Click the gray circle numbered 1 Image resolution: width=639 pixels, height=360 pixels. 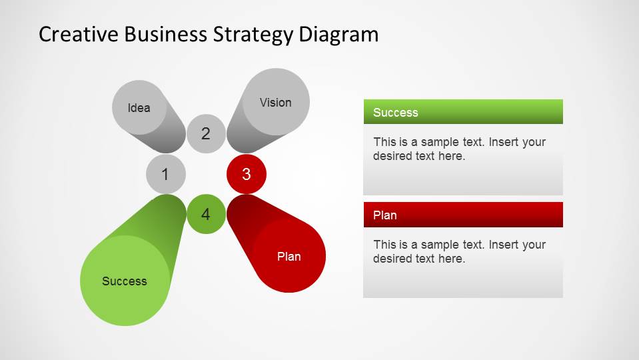[166, 175]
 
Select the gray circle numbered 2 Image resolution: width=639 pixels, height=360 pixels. [206, 134]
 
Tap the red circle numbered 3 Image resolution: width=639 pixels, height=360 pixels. [247, 175]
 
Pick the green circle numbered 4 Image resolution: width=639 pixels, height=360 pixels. [206, 215]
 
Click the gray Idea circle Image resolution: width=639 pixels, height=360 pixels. [139, 107]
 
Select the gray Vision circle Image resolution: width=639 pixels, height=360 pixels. [276, 102]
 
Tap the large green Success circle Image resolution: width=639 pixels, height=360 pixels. [125, 281]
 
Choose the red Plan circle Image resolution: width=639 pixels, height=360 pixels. [289, 256]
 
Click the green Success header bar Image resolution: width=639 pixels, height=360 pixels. [463, 112]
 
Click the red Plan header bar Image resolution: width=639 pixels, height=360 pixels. [463, 215]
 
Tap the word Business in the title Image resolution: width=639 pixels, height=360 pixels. [167, 34]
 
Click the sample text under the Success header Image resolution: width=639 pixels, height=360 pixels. [459, 149]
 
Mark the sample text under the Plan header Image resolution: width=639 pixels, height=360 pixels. [459, 251]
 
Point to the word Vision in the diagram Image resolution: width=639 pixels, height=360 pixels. [276, 102]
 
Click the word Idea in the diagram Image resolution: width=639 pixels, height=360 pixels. [139, 107]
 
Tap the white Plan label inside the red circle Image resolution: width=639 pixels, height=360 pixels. [289, 256]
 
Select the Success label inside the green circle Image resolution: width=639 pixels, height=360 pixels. [125, 281]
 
